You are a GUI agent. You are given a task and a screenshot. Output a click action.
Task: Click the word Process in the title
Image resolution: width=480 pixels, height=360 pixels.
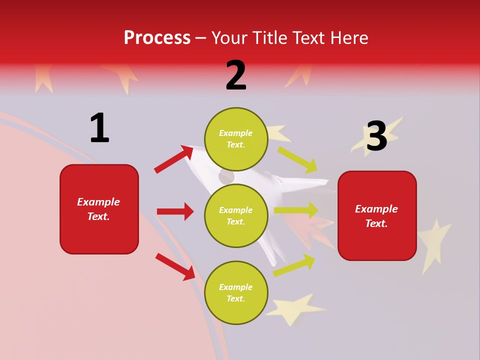click(x=157, y=37)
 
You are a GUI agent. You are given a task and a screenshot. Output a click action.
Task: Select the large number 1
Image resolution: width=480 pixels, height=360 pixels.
click(x=99, y=128)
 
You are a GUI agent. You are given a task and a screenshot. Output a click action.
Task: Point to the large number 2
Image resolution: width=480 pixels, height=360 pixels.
click(x=236, y=75)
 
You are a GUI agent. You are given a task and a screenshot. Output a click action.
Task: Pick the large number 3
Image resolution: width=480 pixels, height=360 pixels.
click(x=376, y=136)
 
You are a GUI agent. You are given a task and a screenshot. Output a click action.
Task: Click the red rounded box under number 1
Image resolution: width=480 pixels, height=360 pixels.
click(x=99, y=209)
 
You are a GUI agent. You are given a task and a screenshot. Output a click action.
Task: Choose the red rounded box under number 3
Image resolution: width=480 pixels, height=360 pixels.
click(x=377, y=215)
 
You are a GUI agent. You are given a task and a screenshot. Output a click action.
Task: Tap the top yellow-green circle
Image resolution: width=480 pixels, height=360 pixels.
click(x=236, y=139)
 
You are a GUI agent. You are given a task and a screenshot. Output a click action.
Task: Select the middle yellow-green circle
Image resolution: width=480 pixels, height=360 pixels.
click(x=236, y=215)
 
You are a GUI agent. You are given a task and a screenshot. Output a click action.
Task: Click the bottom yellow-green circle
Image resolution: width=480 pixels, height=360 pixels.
click(x=236, y=292)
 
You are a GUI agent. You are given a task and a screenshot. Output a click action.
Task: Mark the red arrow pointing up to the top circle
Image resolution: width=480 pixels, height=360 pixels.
click(x=174, y=159)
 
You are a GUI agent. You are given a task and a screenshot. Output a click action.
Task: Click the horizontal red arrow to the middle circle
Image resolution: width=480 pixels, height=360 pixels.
click(x=175, y=211)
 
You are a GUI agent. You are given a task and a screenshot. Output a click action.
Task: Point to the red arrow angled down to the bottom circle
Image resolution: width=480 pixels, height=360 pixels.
click(x=175, y=266)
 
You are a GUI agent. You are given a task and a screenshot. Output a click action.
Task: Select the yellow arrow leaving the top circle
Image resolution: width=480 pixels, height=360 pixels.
click(x=297, y=159)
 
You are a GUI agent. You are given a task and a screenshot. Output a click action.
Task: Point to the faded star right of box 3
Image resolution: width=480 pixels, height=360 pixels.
click(x=433, y=242)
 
